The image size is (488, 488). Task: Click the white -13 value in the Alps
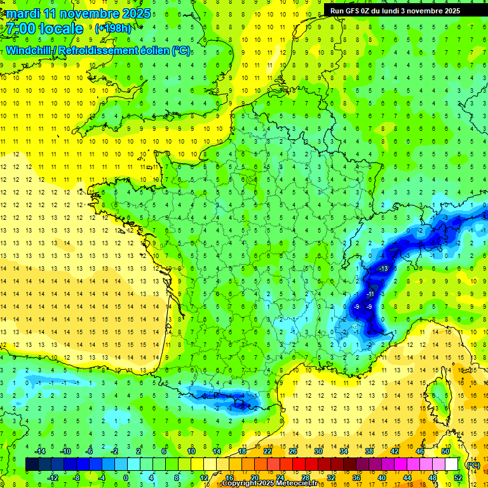coord(384,269)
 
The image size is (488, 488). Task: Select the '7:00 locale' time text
coord(44,29)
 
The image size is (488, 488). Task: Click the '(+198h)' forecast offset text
coord(112,29)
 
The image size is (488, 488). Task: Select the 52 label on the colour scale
coord(458,478)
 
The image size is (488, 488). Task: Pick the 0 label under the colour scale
coord(126,478)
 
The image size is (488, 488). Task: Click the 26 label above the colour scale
coord(293,451)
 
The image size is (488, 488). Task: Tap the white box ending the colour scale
coord(452,464)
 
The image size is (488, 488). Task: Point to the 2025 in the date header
coord(136,13)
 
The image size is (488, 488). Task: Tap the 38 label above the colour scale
coord(369,451)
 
